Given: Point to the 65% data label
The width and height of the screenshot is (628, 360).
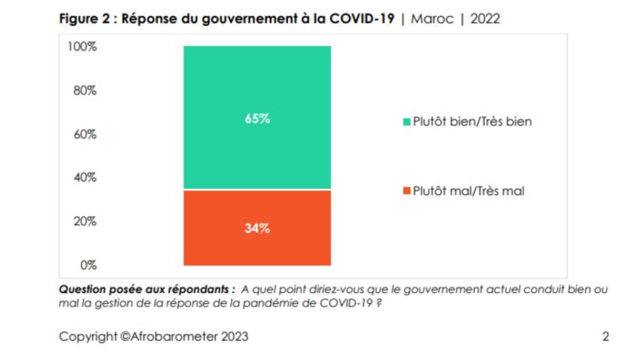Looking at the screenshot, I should point(257,119).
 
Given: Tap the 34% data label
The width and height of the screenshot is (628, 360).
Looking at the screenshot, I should point(257,228).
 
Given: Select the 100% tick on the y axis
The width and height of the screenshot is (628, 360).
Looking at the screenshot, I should point(82,47).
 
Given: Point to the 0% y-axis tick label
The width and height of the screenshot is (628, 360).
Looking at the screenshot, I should point(87,265).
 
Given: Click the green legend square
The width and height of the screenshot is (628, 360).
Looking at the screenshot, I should point(406,122).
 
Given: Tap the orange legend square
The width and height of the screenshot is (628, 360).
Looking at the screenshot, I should point(406,192).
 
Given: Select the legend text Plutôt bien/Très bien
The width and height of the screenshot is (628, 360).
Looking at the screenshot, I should point(472,121).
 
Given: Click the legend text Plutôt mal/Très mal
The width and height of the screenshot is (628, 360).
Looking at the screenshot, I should point(469,192).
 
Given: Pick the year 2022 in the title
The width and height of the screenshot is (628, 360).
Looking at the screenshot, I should point(485,18).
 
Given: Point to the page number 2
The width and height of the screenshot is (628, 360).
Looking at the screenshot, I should point(605,337).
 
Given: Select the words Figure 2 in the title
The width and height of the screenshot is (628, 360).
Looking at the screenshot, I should point(85,18).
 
